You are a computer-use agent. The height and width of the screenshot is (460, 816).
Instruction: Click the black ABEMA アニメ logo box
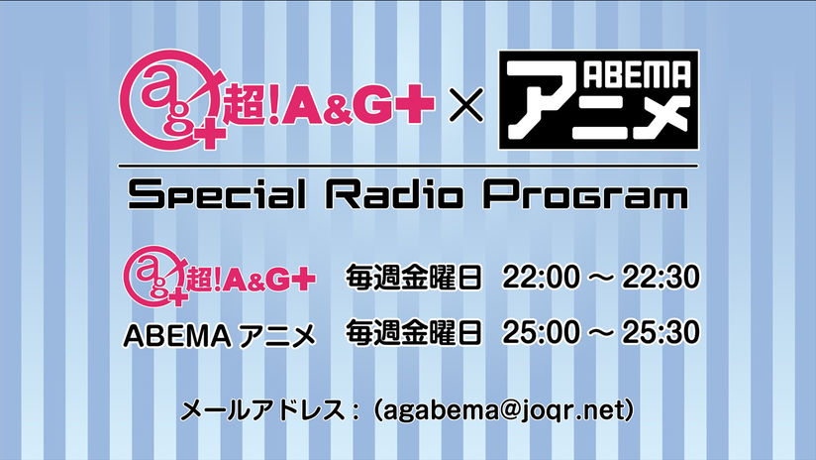(598, 99)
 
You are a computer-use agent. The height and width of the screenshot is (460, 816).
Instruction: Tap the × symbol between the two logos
(465, 105)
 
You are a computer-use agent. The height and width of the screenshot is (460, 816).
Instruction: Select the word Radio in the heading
(394, 194)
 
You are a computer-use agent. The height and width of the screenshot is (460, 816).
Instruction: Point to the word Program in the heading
(585, 196)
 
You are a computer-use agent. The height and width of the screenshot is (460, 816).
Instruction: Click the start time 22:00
(541, 278)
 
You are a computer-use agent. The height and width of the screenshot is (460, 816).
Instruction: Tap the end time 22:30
(661, 278)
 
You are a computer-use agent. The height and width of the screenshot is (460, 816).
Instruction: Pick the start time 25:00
(541, 332)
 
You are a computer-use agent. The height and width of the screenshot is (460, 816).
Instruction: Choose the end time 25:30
(661, 332)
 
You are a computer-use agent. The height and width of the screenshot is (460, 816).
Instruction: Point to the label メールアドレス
(262, 411)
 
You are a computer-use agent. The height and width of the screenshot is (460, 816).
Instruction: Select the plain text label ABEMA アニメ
(220, 336)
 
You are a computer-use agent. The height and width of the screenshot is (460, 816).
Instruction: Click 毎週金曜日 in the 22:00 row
(413, 278)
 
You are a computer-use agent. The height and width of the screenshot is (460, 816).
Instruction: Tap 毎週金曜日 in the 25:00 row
(413, 332)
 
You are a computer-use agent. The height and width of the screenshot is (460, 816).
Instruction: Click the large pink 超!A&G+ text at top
(329, 103)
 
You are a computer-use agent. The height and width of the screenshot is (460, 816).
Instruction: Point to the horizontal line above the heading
(408, 167)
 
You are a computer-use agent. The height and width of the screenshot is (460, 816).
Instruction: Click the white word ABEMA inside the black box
(637, 75)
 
